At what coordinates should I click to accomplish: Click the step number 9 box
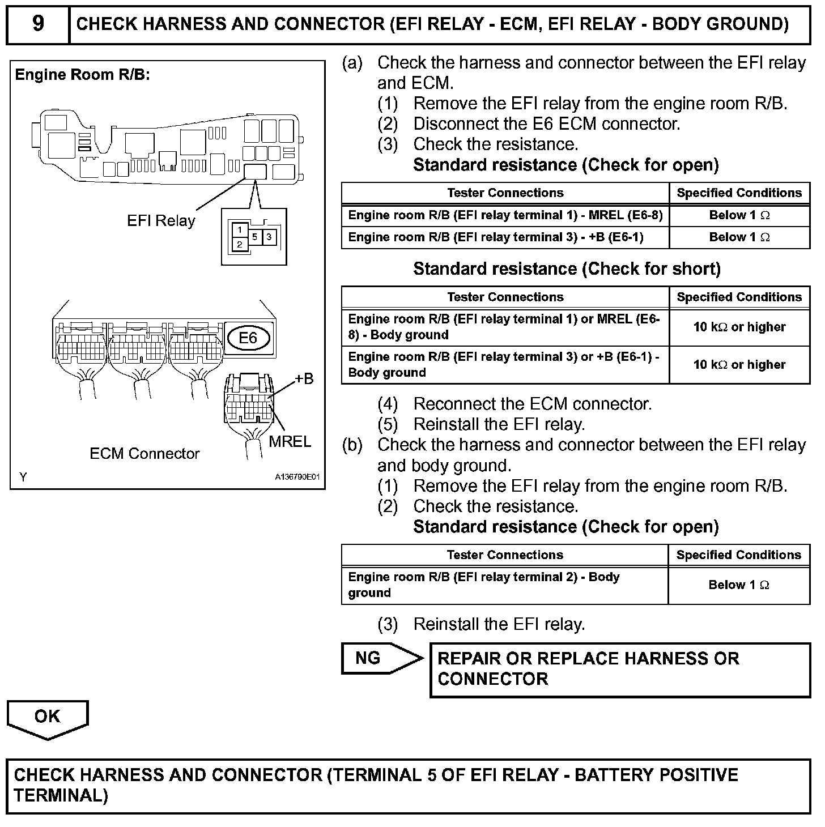[37, 24]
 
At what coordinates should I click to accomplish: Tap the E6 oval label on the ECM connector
[248, 338]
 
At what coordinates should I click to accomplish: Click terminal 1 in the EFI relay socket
[240, 230]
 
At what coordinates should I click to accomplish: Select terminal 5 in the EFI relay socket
[255, 237]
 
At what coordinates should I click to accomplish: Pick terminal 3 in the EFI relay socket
[269, 237]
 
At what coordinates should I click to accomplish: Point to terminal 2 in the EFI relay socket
[240, 245]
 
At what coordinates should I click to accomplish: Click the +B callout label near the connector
[304, 378]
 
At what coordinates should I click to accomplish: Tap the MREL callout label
[290, 441]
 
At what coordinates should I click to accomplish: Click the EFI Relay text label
[161, 221]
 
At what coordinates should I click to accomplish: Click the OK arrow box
[48, 718]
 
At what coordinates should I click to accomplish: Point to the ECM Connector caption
[144, 454]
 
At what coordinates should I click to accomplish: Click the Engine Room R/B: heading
[83, 75]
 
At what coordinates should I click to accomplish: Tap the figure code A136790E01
[297, 477]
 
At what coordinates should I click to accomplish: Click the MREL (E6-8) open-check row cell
[505, 215]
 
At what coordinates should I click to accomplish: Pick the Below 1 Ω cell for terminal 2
[739, 585]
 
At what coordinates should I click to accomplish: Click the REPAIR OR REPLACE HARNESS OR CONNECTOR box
[620, 669]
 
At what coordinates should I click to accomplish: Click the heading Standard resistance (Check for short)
[567, 268]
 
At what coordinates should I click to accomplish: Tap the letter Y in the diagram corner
[23, 477]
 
